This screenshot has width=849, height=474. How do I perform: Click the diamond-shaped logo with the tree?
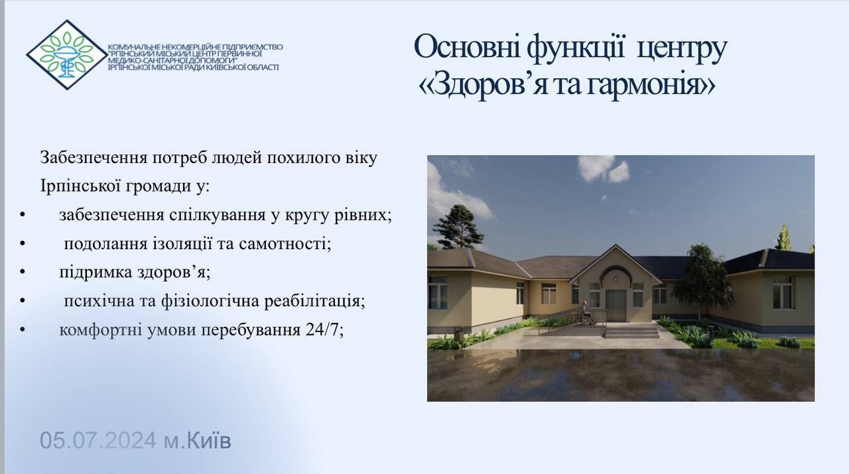pos(67,54)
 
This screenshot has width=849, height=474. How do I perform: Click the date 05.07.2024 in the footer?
pos(98,440)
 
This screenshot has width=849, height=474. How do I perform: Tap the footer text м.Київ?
pos(197,440)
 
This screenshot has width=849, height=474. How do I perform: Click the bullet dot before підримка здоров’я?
pos(23,272)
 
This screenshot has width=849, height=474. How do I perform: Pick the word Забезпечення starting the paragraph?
pos(94,158)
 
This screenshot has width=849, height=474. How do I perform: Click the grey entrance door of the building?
pos(616,306)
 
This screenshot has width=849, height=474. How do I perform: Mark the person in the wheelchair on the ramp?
pos(586,313)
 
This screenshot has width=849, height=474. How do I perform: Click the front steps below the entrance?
pos(632,331)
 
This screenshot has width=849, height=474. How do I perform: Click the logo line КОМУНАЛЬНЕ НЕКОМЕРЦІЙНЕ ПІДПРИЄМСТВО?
pos(195,47)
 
